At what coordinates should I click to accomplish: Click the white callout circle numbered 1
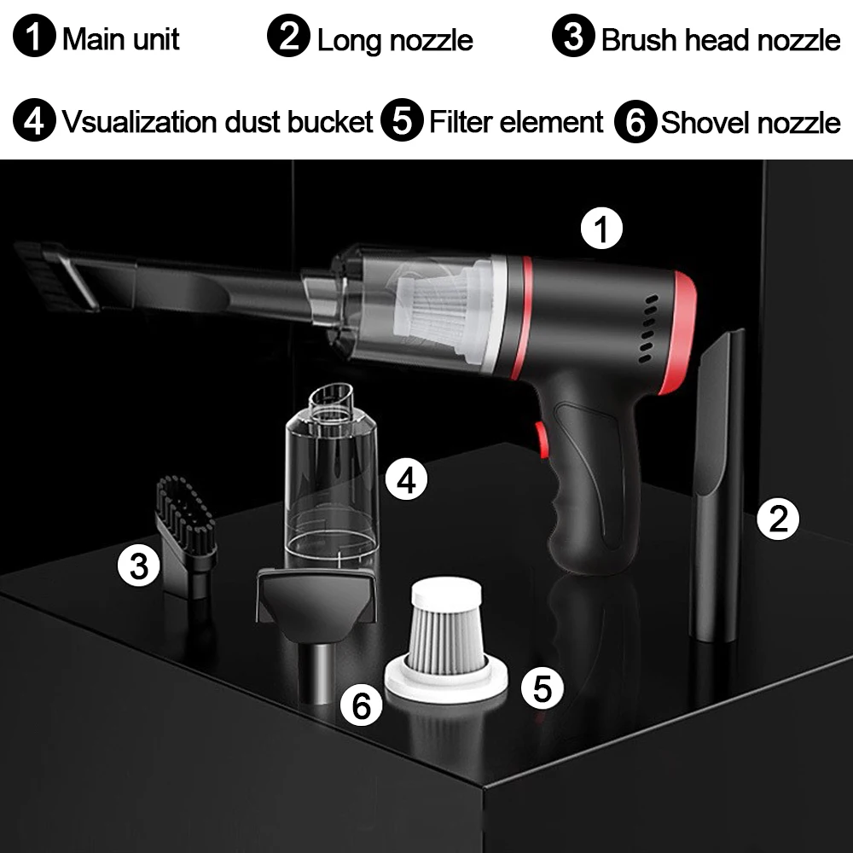601,229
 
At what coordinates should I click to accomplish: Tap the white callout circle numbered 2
778,519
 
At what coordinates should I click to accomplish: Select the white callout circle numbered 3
139,566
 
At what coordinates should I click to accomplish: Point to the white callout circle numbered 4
406,479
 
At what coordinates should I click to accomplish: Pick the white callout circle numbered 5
542,688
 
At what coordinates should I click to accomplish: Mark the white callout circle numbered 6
361,705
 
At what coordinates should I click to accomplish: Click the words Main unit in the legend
121,39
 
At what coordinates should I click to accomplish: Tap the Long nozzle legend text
395,40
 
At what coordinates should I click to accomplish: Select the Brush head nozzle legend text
721,40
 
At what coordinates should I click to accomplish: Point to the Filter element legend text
516,121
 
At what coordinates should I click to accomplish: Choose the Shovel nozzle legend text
751,122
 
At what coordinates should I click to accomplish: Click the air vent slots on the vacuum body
647,328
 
